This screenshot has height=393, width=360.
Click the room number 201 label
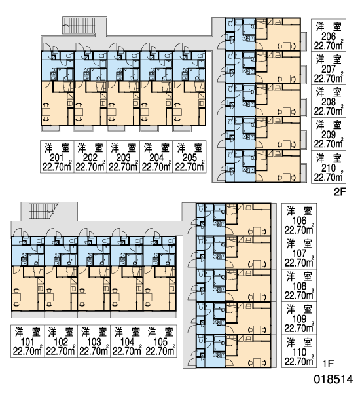57,158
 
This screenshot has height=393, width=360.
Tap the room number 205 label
190,158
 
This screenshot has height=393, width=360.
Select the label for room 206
329,37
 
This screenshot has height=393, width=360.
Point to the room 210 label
329,168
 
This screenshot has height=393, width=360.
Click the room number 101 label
27,342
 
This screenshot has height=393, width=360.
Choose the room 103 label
94,342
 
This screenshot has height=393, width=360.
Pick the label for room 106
299,221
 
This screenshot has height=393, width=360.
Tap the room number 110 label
299,352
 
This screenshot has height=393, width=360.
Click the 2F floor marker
340,192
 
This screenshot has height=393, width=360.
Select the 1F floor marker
328,364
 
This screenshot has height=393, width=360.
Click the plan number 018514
333,379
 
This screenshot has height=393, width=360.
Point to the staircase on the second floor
79,26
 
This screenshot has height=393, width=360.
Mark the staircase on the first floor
42,211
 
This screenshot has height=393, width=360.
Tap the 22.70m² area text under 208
329,111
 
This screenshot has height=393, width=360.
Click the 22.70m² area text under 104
127,351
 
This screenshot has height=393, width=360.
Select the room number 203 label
123,158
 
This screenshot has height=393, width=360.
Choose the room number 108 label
299,286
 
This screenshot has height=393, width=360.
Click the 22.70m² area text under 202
90,167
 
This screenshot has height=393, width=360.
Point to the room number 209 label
329,135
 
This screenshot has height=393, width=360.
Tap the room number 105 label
160,342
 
